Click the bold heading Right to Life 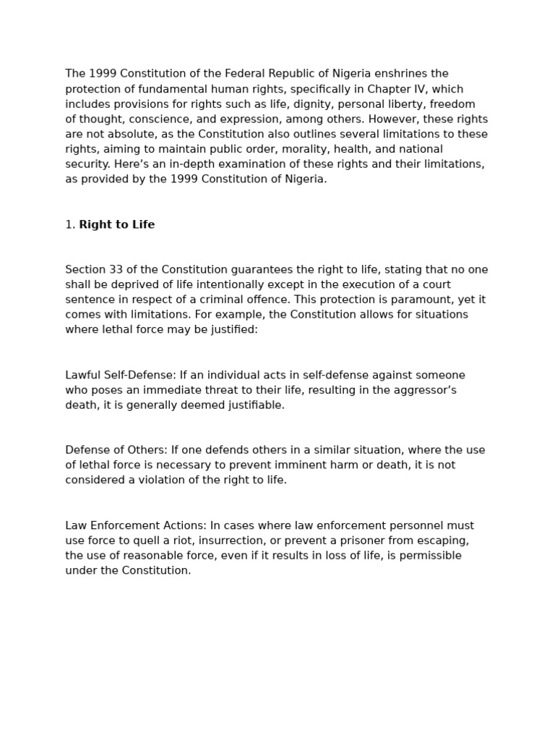pyautogui.click(x=116, y=225)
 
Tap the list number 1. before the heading pyautogui.click(x=70, y=225)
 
